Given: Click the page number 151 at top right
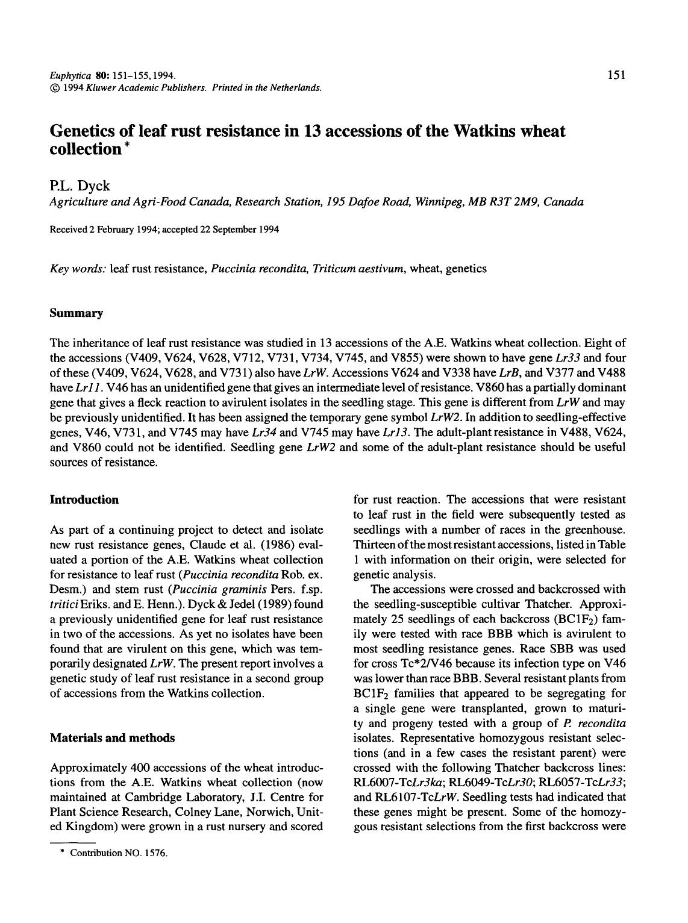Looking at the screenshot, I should (616, 75).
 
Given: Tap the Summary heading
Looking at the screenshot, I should (76, 313).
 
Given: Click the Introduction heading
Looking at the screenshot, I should (84, 499).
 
